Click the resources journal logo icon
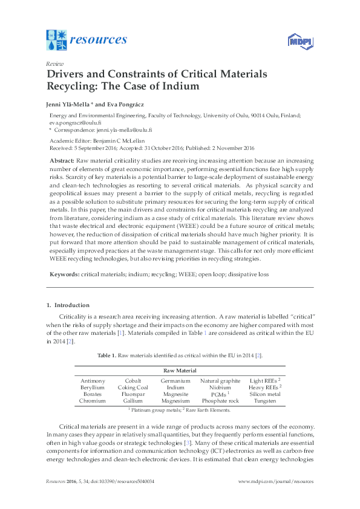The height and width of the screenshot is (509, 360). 56,40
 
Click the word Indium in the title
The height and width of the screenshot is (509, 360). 179,86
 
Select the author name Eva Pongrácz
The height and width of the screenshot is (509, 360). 132,103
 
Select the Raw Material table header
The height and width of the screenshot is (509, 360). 180,371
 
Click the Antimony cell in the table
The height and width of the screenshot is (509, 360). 93,381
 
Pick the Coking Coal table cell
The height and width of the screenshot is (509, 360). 133,387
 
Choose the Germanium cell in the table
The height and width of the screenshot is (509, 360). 175,381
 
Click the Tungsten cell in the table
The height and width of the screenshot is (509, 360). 266,401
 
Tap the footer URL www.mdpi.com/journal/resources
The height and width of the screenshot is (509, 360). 276,481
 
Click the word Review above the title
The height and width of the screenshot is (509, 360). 54,63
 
